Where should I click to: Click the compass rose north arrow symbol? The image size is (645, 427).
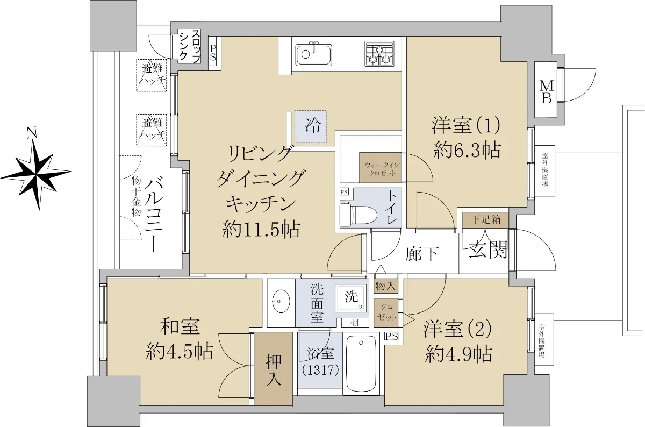[37, 172]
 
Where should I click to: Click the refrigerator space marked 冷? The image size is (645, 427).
[311, 126]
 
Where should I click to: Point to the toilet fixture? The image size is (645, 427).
[359, 214]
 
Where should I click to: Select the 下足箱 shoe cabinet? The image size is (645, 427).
[485, 220]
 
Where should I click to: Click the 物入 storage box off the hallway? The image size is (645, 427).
[385, 286]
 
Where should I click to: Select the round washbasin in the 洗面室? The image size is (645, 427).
[281, 301]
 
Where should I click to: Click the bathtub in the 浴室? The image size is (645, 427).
[361, 364]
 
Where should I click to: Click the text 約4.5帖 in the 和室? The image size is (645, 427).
[179, 352]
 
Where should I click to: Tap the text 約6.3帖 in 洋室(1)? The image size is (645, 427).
[467, 150]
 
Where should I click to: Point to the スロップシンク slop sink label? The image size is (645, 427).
[189, 46]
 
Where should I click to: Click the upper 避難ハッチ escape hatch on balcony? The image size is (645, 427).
[152, 75]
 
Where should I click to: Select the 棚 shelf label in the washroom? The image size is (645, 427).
[354, 323]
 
